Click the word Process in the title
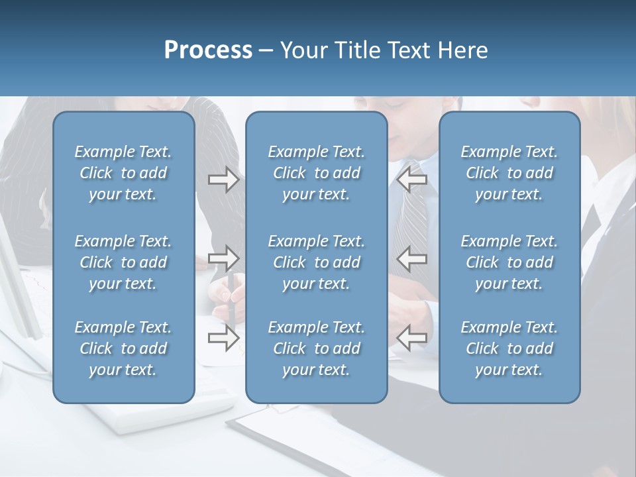[x=208, y=50]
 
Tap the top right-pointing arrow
[x=223, y=180]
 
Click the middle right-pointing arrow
[x=223, y=258]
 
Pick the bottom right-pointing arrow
[x=223, y=338]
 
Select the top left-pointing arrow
[x=411, y=180]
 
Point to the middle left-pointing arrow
[x=411, y=258]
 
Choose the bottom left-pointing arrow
[x=411, y=338]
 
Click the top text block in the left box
[x=123, y=173]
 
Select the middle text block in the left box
[x=123, y=262]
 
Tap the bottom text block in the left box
[x=123, y=348]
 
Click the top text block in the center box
[x=316, y=173]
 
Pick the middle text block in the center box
[x=316, y=262]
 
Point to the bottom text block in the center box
[x=316, y=348]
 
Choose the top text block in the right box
[x=509, y=173]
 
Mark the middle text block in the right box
[x=509, y=262]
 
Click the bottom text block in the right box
[x=509, y=348]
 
